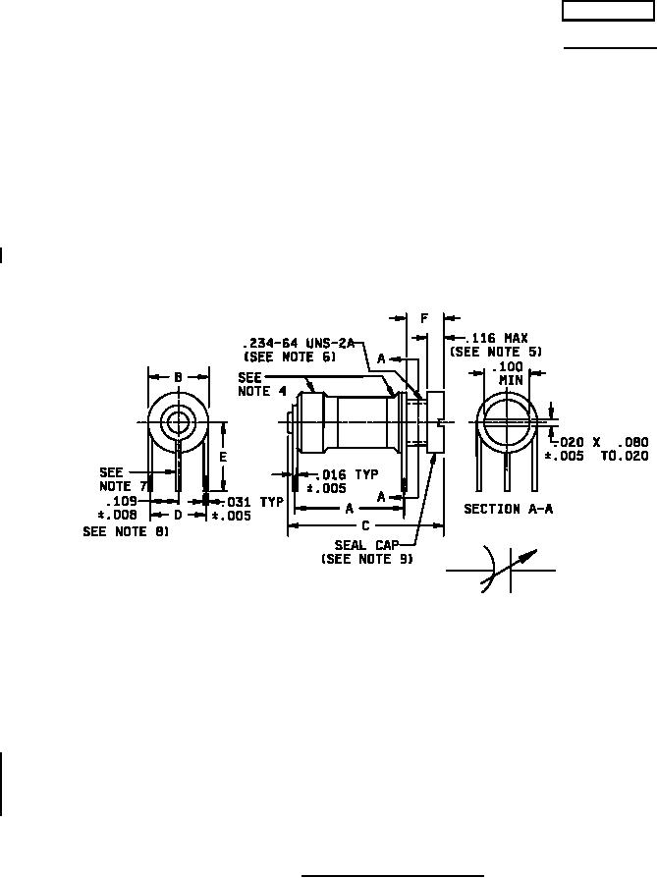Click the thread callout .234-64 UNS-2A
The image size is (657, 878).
(x=300, y=343)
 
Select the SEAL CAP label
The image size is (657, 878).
(x=366, y=545)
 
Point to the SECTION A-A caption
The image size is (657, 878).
(x=508, y=509)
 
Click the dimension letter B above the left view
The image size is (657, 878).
(x=178, y=377)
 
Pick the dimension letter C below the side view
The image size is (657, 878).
(x=365, y=525)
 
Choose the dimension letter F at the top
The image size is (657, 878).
(x=424, y=318)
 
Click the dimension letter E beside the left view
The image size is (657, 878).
(x=223, y=457)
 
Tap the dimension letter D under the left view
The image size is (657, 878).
(x=178, y=514)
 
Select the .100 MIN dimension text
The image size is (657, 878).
(x=508, y=373)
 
